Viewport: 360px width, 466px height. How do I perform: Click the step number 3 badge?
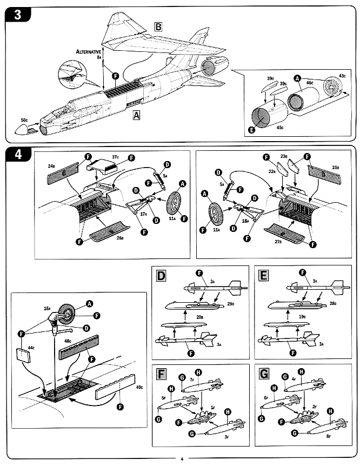(x=17, y=15)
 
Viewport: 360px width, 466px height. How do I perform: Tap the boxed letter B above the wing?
(x=159, y=27)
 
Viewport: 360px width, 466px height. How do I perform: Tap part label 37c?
(x=116, y=157)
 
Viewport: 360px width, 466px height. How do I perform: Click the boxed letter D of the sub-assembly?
(x=161, y=277)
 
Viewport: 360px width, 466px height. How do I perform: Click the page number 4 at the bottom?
(x=182, y=459)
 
